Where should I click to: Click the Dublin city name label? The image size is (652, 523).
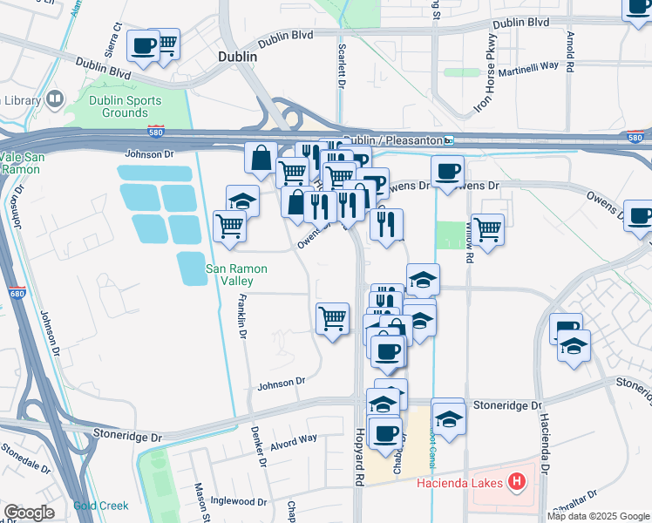pyautogui.click(x=237, y=56)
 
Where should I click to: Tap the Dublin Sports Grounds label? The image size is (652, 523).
pyautogui.click(x=124, y=106)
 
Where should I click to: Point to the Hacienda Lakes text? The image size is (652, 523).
pyautogui.click(x=462, y=482)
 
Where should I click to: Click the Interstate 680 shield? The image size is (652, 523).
pyautogui.click(x=17, y=294)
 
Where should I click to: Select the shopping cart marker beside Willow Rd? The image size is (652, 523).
pyautogui.click(x=488, y=230)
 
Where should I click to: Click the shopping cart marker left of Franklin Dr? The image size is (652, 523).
pyautogui.click(x=229, y=227)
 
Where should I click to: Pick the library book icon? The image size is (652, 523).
pyautogui.click(x=55, y=100)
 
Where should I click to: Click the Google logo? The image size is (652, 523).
pyautogui.click(x=30, y=512)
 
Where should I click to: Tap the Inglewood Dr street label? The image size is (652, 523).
pyautogui.click(x=239, y=501)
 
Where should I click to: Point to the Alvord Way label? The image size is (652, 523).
pyautogui.click(x=295, y=440)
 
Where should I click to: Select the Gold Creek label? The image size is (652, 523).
pyautogui.click(x=101, y=506)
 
